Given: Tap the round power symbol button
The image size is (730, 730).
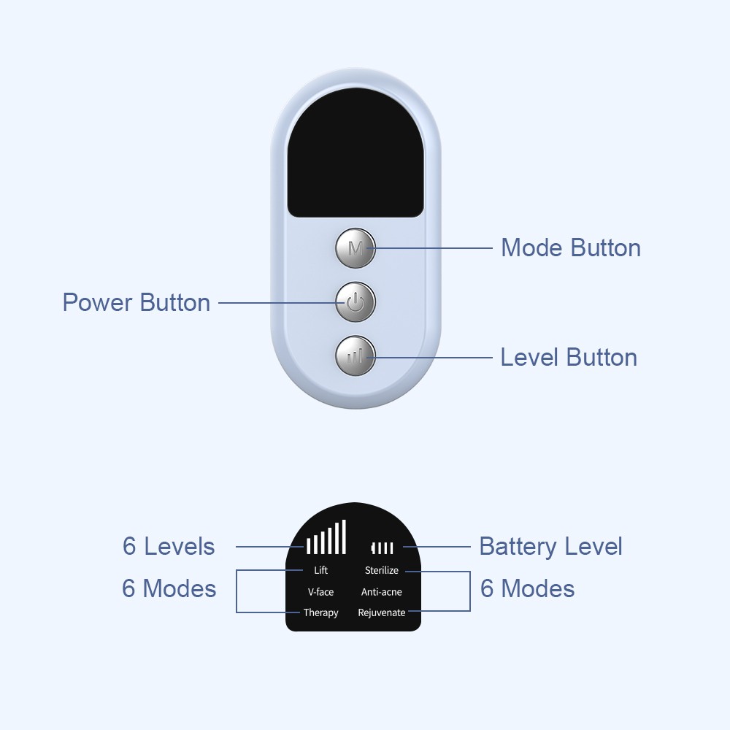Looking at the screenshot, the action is point(356,302).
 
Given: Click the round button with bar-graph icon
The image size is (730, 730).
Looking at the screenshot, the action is point(356,356).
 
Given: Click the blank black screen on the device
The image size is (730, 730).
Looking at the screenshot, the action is point(356,153).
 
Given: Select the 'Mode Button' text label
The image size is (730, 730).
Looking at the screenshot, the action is point(571,247).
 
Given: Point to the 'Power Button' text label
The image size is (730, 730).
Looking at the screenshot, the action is point(137,303).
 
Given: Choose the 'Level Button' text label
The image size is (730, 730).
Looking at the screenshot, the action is point(569,358).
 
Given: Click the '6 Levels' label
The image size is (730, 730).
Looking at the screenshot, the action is point(169,546).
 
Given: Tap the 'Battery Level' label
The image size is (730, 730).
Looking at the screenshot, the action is point(550,547).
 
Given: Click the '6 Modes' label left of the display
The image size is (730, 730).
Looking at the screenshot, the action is point(169,588).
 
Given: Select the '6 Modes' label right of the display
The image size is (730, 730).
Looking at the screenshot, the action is point(528,588).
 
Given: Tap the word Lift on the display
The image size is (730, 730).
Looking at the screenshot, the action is point(320,570).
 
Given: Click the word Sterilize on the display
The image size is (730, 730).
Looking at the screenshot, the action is point(382,570).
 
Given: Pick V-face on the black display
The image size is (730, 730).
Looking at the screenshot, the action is point(320,592).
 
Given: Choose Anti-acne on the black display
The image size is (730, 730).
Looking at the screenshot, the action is point(382,592).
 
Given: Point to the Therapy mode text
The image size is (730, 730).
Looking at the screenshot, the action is point(320,613).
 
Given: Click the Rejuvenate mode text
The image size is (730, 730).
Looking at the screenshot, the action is point(382,613).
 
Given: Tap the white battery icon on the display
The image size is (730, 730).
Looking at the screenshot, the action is point(383,548).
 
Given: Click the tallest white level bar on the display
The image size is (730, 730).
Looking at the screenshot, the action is point(344,537).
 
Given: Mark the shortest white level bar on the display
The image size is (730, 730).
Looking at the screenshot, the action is point(308,545).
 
